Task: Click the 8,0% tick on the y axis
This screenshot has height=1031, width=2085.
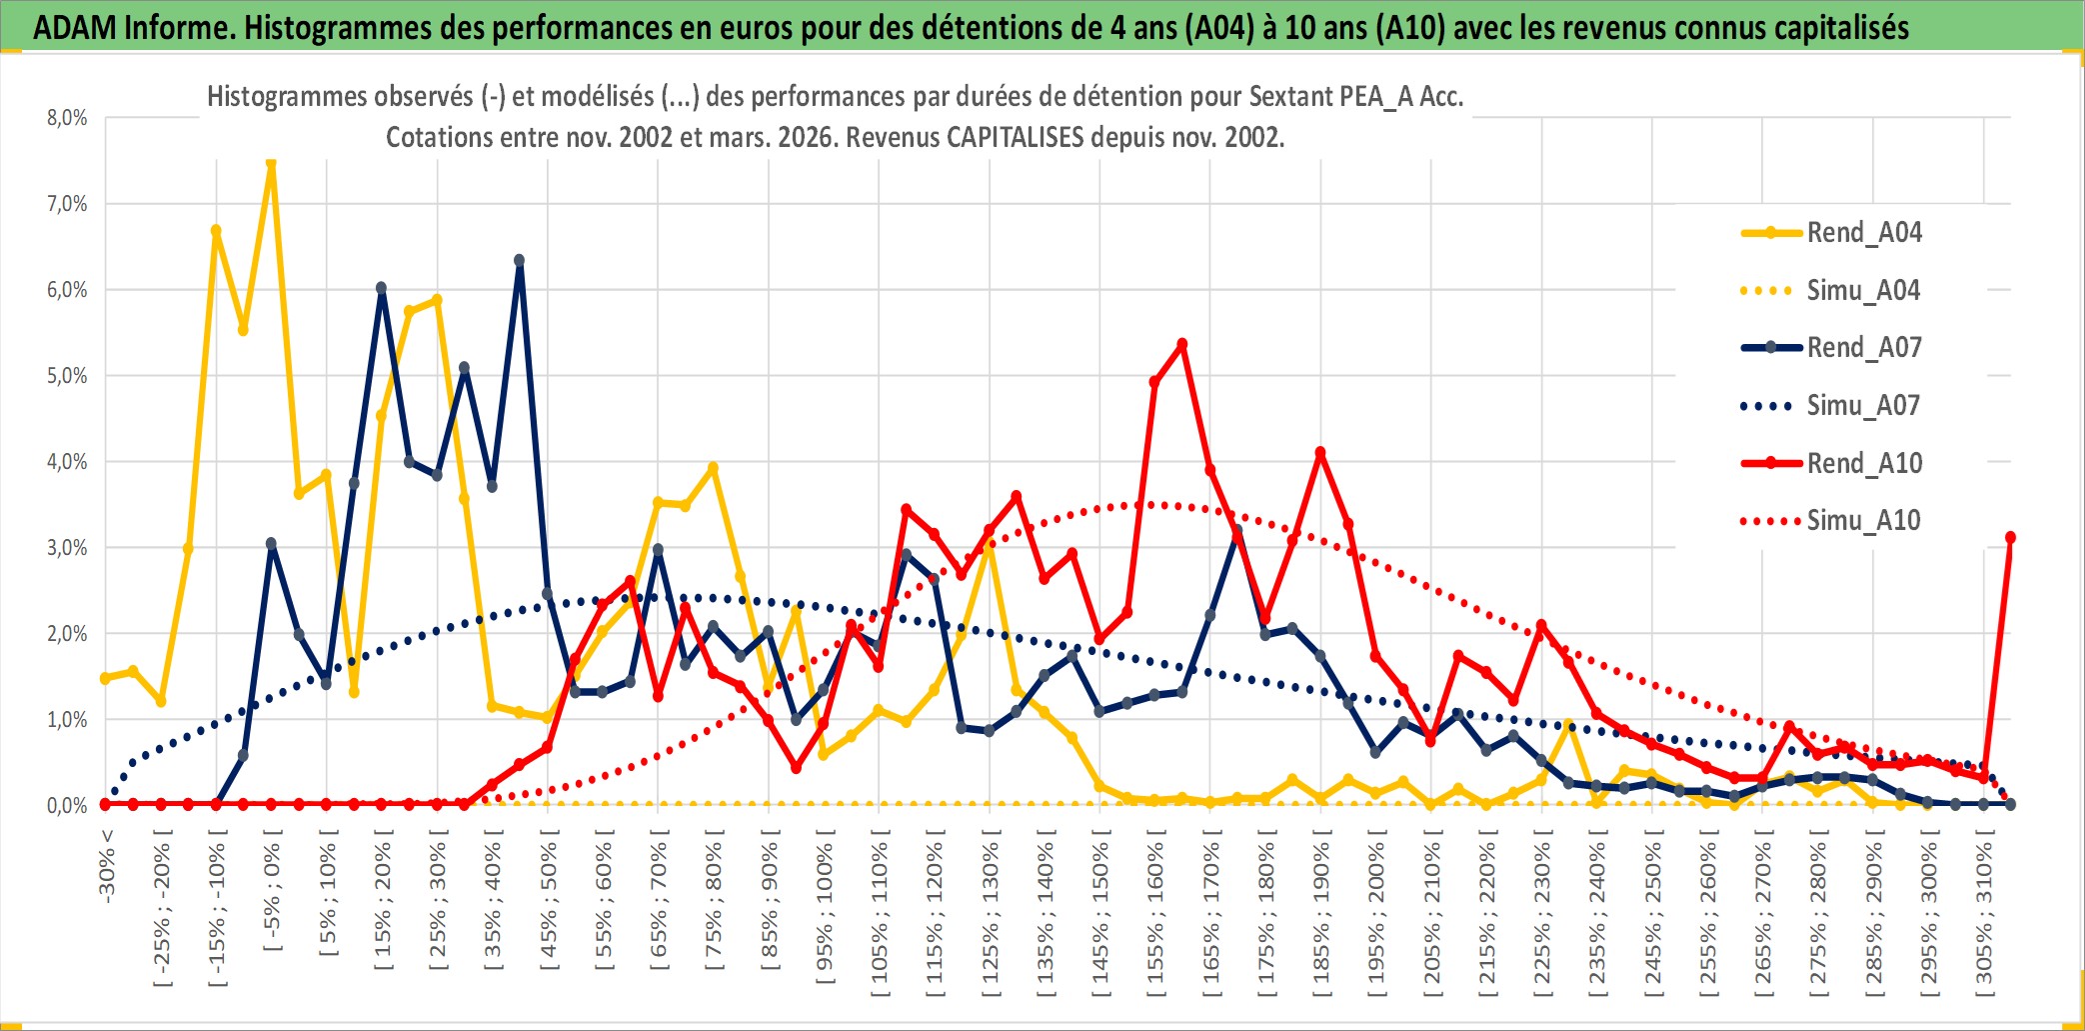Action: point(67,118)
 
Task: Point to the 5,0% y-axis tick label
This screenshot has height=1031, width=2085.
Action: point(67,376)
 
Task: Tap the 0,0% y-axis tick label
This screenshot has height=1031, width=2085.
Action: point(67,806)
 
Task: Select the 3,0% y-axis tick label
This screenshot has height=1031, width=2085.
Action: point(67,548)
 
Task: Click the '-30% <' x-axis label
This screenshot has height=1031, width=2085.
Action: point(107,866)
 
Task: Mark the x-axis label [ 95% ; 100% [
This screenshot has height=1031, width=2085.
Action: point(825,914)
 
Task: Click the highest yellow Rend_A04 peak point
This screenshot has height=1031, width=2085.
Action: point(271,162)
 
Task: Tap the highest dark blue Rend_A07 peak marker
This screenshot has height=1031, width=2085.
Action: point(519,261)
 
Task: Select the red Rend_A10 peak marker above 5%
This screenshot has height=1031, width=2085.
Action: point(1182,345)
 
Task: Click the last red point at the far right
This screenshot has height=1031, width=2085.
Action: point(2010,538)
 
